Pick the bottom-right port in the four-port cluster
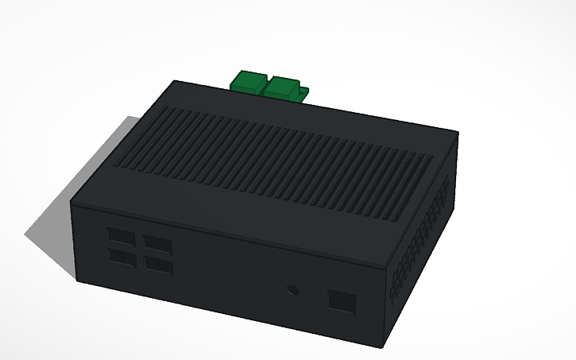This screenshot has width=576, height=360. click(159, 267)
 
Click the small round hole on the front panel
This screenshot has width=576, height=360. click(292, 289)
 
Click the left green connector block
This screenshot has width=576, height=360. click(249, 81)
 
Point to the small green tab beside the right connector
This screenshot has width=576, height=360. click(303, 95)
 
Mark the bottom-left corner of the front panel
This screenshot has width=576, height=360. click(76, 280)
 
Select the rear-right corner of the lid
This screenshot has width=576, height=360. click(458, 132)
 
